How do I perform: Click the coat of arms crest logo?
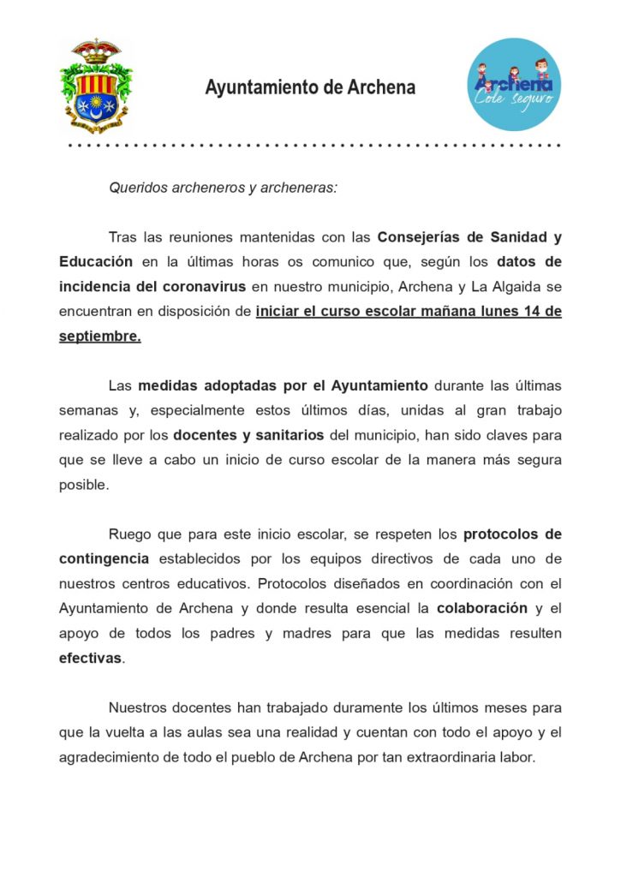96,86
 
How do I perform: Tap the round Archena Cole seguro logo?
514,85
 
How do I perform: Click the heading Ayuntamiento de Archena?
310,87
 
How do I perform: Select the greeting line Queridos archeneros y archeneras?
223,187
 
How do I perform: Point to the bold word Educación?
96,261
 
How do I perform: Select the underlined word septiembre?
99,336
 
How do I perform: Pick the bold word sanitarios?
288,435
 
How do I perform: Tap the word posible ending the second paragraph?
83,485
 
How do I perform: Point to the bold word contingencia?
104,559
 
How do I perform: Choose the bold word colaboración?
481,609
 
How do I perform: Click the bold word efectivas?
90,659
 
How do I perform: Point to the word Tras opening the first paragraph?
123,236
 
